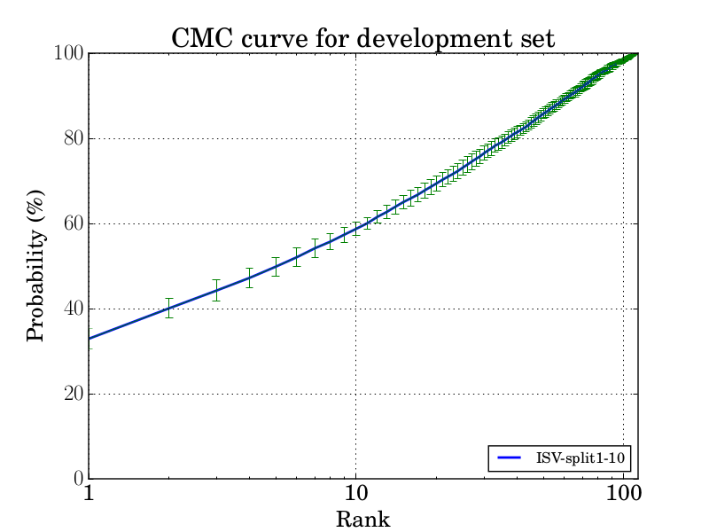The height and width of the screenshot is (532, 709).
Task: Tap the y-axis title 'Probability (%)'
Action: [x=36, y=266]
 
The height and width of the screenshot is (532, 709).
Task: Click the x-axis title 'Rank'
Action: [x=362, y=519]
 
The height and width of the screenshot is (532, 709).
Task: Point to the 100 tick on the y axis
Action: [x=67, y=54]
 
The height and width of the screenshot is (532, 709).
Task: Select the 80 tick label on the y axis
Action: [x=72, y=139]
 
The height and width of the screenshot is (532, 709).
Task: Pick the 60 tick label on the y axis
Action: [x=72, y=224]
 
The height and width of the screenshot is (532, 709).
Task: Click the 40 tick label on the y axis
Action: [x=72, y=309]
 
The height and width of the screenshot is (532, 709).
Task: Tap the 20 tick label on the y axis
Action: [x=72, y=395]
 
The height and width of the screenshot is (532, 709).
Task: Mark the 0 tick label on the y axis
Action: [x=77, y=480]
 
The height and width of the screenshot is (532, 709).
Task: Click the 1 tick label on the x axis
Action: [x=89, y=495]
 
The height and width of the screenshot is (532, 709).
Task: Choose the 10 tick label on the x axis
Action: [x=355, y=495]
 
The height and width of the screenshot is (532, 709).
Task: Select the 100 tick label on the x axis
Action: [x=623, y=495]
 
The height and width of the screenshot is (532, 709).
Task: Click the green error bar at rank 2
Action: [x=169, y=308]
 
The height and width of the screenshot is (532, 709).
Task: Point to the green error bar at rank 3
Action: [x=216, y=290]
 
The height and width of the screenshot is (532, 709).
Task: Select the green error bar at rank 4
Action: [x=249, y=277]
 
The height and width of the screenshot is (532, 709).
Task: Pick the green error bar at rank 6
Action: [x=297, y=256]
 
